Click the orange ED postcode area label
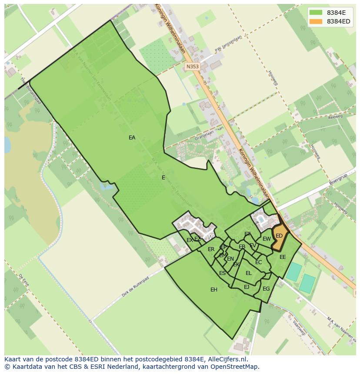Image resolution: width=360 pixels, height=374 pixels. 279,236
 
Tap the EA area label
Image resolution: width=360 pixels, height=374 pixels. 132,138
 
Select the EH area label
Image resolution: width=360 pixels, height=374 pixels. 214,289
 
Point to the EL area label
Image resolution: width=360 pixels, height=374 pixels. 249,273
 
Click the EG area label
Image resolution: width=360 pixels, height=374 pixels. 266,288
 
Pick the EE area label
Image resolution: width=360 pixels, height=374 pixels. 283,257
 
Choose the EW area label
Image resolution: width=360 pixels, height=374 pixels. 267,239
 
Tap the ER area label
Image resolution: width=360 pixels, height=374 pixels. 211,249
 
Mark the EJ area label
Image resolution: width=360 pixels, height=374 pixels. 247,287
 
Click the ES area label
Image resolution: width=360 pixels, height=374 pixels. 222,273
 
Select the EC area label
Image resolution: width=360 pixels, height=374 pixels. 258,262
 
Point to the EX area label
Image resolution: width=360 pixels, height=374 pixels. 190,240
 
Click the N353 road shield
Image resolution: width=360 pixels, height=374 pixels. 192,66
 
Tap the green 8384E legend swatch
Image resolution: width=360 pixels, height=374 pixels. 316,12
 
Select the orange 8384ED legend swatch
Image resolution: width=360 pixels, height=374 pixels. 316,21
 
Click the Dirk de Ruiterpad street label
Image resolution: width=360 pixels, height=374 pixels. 135,286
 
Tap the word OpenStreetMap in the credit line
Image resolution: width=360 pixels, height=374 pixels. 235,367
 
